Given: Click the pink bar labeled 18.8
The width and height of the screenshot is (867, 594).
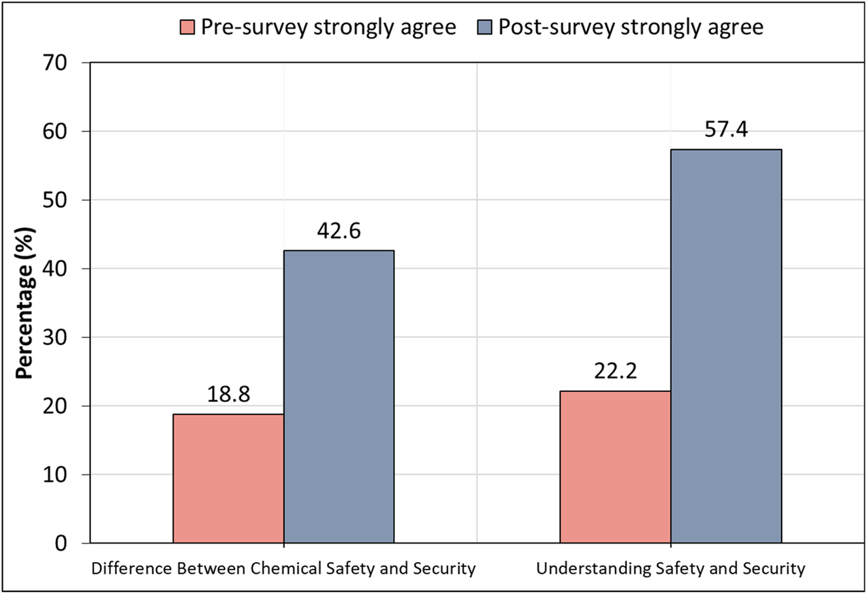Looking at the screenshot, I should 229,478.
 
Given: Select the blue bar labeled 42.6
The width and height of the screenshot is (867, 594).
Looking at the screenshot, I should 339,397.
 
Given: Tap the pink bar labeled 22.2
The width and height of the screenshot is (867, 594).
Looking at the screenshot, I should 616,467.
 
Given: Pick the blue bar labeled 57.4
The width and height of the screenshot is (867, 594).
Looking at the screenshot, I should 726,346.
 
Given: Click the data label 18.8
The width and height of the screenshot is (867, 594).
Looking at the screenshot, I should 229,395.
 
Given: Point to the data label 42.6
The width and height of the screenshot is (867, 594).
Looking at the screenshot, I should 339,231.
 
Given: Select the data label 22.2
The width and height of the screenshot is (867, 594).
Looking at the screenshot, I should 616,372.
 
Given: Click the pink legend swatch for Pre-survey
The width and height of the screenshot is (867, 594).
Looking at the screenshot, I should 187,27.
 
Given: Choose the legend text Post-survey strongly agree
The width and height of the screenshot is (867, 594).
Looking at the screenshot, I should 630,27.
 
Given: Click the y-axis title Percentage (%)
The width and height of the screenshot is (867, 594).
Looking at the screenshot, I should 24,303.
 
